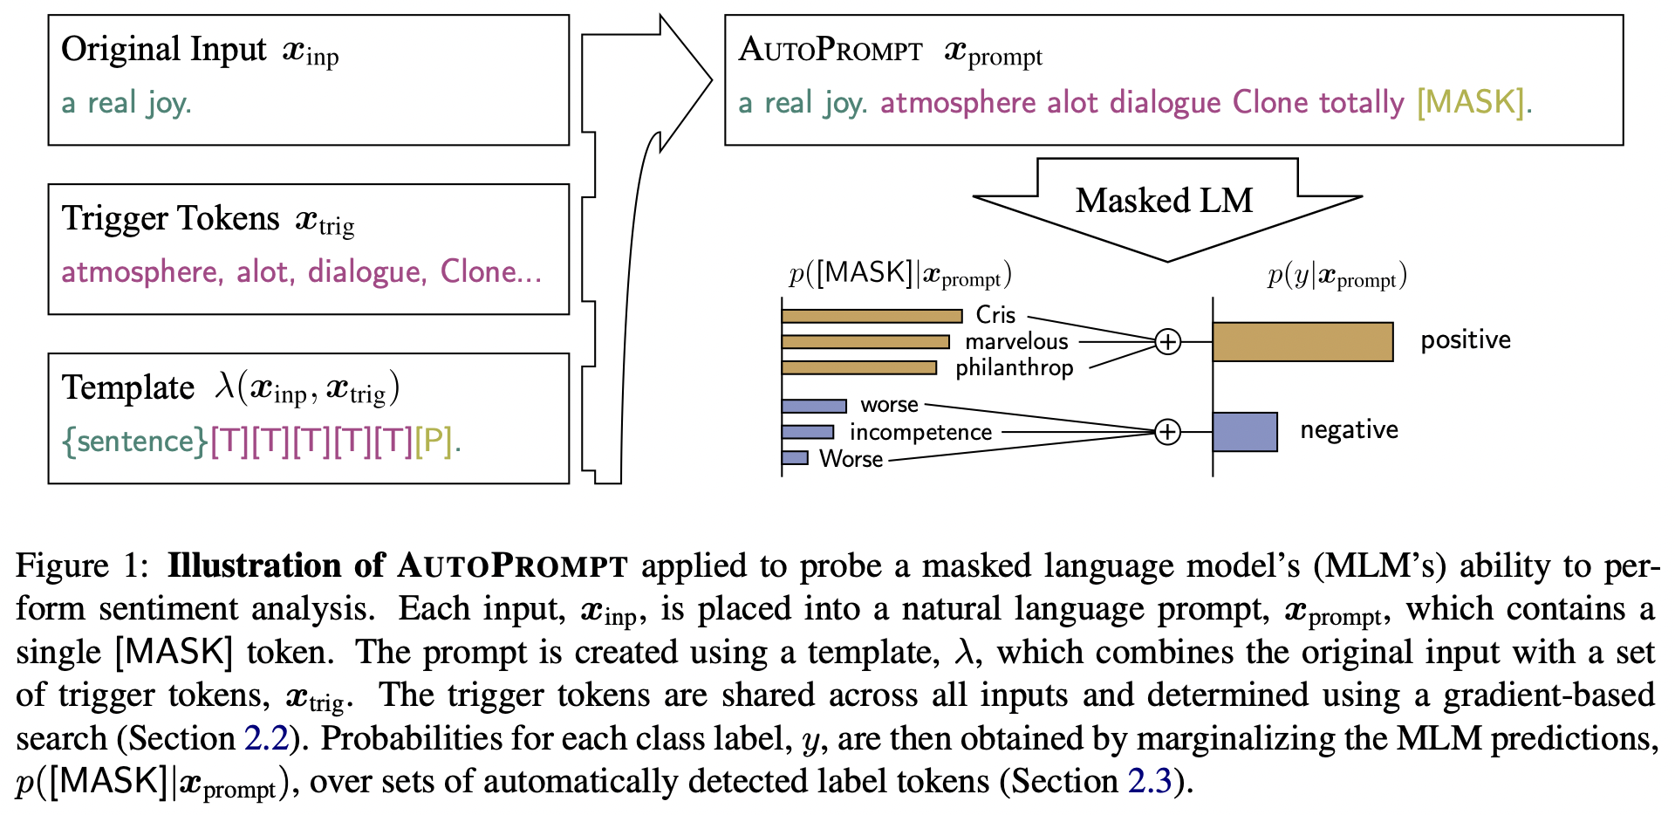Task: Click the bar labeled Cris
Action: (872, 316)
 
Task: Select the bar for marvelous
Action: (865, 342)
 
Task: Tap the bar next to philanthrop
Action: (859, 368)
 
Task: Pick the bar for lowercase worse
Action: (814, 406)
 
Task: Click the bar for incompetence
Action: (808, 432)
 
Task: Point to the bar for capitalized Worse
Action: (795, 458)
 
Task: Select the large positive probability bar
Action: (1302, 342)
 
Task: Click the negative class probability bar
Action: (1245, 432)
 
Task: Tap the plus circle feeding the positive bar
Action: (1168, 342)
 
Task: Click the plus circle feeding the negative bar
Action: (1168, 432)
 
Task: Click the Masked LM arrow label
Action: (1164, 201)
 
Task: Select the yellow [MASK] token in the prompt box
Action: (1470, 103)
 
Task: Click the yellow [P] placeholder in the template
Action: (434, 442)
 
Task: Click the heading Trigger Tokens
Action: (171, 219)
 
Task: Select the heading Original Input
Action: (164, 50)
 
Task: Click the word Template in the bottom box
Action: (128, 388)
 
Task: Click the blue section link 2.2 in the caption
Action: (266, 738)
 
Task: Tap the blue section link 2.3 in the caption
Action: (1150, 781)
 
